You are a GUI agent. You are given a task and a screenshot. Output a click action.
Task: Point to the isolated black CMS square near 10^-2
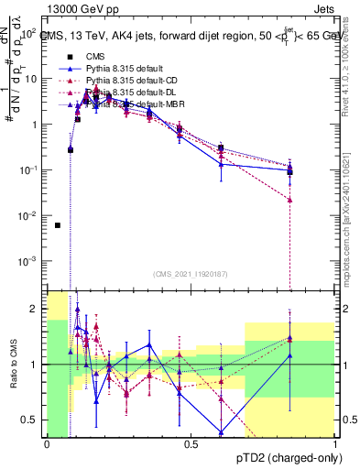coord(58,225)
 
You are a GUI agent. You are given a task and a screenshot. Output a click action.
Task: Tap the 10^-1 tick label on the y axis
coord(30,170)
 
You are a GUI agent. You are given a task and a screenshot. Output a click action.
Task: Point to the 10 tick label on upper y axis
coord(32,79)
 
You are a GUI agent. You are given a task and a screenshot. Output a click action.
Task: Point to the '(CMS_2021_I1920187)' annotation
coord(190,273)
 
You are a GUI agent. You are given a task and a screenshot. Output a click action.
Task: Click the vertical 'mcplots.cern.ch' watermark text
coord(352,220)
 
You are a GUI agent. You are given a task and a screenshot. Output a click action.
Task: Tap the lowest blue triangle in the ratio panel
coord(221,432)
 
